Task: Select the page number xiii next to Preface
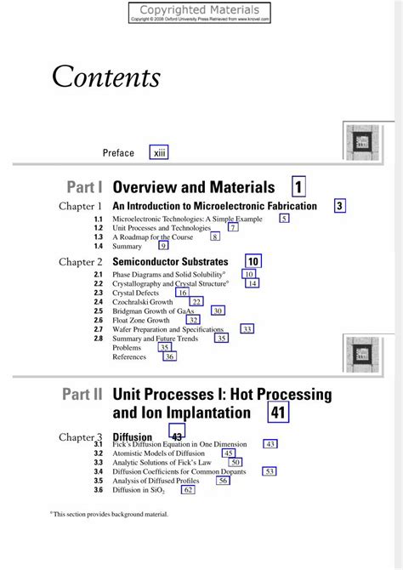click(x=159, y=152)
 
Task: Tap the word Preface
click(x=118, y=153)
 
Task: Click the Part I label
click(x=83, y=186)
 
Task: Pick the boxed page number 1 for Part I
click(x=299, y=186)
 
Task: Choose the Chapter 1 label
click(x=80, y=206)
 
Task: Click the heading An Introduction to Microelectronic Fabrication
click(x=214, y=206)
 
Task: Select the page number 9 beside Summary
click(x=163, y=246)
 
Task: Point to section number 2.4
click(x=99, y=302)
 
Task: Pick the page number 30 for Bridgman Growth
click(x=218, y=311)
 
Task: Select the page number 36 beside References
click(x=169, y=357)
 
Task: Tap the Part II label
click(x=82, y=395)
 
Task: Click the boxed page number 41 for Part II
click(x=278, y=413)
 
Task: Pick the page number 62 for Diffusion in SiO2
click(x=188, y=490)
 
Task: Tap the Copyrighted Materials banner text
click(x=201, y=8)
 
